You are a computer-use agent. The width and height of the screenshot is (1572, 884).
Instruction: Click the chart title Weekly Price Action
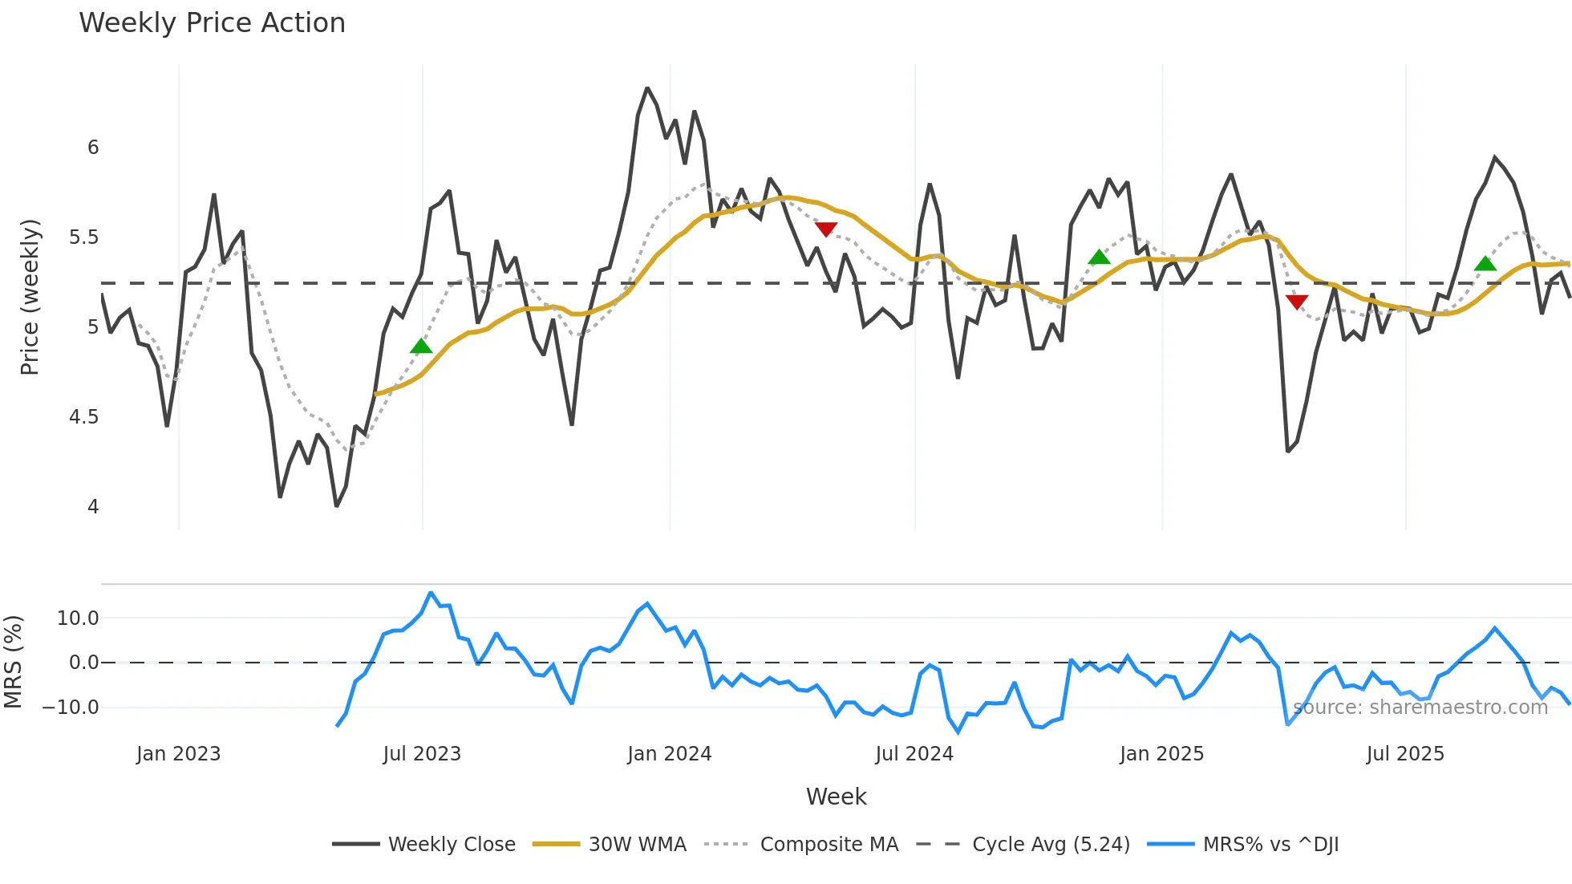point(212,23)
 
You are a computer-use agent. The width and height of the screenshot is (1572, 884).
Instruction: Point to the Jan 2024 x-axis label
point(670,754)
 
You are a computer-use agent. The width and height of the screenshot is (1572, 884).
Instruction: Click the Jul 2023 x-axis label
point(422,754)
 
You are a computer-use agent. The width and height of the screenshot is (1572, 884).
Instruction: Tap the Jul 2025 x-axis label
point(1405,754)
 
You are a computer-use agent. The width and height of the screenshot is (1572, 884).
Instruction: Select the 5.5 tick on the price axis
point(83,237)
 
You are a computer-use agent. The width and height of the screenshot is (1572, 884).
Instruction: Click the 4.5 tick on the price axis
point(83,417)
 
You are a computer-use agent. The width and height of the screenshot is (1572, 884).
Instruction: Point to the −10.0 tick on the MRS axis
point(71,708)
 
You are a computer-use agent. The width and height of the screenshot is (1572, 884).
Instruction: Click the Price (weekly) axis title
point(30,297)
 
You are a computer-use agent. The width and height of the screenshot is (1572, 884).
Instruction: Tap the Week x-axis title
point(836,797)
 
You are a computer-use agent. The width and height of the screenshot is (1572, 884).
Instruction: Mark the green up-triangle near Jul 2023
point(421,347)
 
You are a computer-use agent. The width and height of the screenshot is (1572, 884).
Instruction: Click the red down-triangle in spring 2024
point(826,229)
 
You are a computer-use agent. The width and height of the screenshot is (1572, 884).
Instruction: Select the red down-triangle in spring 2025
point(1297,302)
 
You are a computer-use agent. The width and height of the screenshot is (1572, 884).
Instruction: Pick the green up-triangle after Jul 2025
point(1485,263)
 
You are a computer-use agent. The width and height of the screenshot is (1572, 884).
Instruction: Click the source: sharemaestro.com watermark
point(1420,708)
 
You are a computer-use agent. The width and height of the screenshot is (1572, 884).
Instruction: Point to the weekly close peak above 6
point(647,88)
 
